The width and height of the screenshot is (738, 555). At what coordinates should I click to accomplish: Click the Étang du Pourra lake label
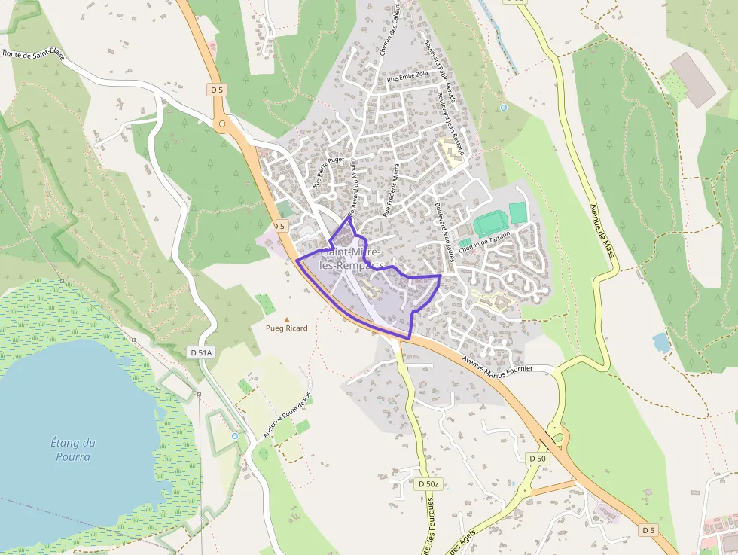tap(73, 450)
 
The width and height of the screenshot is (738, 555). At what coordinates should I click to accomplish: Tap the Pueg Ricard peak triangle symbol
tap(286, 319)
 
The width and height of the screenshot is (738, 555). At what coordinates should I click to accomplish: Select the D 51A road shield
tap(201, 352)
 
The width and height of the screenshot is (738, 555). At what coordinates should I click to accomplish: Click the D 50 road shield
tap(537, 458)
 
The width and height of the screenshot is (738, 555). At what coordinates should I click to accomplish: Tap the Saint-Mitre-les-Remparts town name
tap(352, 259)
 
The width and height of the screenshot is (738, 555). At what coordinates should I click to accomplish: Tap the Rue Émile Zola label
tap(407, 76)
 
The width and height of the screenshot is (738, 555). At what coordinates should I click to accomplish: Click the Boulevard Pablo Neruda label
tap(440, 72)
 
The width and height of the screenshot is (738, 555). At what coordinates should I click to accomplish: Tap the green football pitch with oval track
tap(491, 222)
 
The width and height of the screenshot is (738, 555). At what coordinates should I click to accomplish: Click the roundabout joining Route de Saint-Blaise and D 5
tap(221, 123)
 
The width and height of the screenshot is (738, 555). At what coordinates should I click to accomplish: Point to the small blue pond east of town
tap(661, 343)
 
